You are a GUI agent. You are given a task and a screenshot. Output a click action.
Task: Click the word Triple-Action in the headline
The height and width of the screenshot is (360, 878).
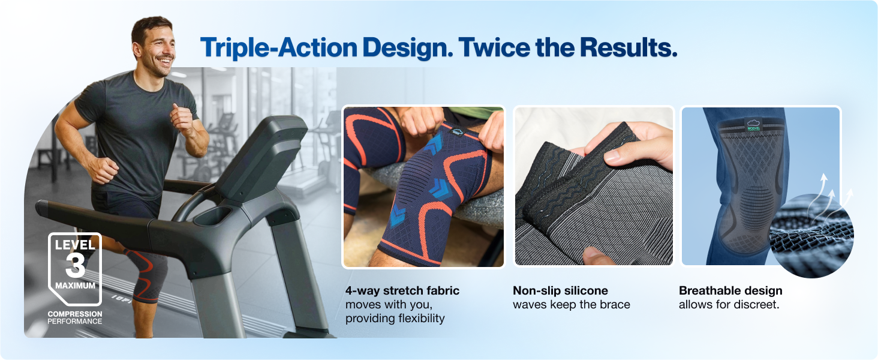point(279,48)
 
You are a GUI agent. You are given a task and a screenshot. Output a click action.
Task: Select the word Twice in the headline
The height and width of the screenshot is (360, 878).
point(494,47)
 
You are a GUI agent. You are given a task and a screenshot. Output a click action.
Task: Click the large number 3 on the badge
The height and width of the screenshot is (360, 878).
point(75,265)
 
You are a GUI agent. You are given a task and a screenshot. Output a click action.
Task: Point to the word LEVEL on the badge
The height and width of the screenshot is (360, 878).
point(75,245)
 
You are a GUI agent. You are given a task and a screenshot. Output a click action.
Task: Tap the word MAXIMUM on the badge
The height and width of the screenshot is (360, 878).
point(75,286)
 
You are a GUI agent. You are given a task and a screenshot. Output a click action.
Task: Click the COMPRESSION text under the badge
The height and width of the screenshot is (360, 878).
point(75,314)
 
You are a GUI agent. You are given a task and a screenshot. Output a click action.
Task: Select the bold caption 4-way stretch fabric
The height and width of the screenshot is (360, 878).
point(402,290)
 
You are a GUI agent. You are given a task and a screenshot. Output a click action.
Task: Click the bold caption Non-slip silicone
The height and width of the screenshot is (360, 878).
point(560,290)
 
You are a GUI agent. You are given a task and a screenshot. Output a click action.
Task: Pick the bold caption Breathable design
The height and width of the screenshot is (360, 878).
point(730,290)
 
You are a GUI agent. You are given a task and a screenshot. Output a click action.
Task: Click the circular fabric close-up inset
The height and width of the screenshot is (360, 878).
point(811,236)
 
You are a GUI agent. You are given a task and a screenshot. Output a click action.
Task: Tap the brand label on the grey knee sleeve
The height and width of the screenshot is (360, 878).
point(753,125)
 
